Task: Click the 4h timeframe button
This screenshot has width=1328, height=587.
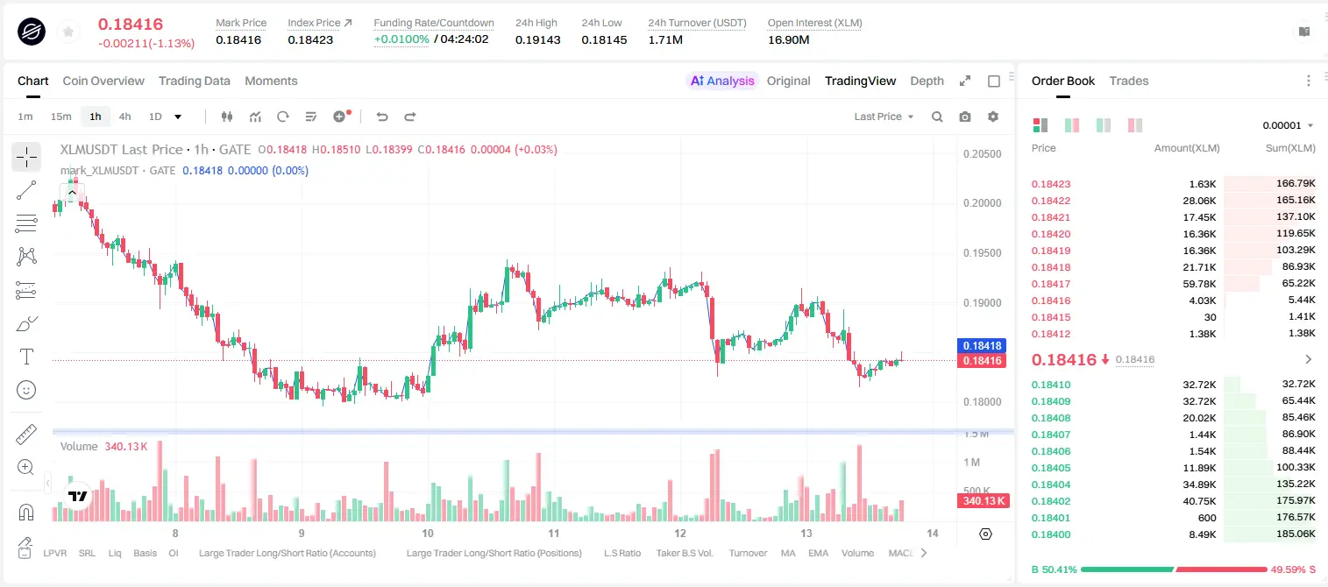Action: [124, 117]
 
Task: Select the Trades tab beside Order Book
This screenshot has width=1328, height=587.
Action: [1129, 81]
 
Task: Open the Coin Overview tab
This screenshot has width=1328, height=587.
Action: [103, 81]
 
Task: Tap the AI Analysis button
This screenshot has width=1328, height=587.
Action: [722, 81]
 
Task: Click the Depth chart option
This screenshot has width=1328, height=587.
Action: [927, 81]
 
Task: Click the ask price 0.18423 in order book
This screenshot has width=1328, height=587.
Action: [1051, 184]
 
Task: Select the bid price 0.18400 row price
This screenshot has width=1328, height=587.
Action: [1051, 534]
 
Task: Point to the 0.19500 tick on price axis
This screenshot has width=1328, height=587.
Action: [983, 253]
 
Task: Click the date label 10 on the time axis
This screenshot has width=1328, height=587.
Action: [428, 533]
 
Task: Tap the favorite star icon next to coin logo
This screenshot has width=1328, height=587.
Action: [68, 32]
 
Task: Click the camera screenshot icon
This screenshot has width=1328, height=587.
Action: [965, 117]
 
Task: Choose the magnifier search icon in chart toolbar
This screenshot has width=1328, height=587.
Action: [937, 117]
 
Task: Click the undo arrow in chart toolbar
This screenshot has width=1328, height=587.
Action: [382, 117]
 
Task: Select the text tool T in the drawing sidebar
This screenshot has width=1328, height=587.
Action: [26, 357]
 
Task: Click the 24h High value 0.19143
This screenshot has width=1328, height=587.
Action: [537, 39]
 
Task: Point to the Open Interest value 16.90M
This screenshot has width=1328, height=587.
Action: [789, 39]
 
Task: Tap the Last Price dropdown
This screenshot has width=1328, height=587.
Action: [884, 117]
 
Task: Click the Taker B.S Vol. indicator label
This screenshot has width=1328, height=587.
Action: [684, 553]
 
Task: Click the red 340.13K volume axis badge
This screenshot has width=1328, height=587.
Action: [984, 500]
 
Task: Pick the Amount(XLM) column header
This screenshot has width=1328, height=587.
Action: [1187, 148]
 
